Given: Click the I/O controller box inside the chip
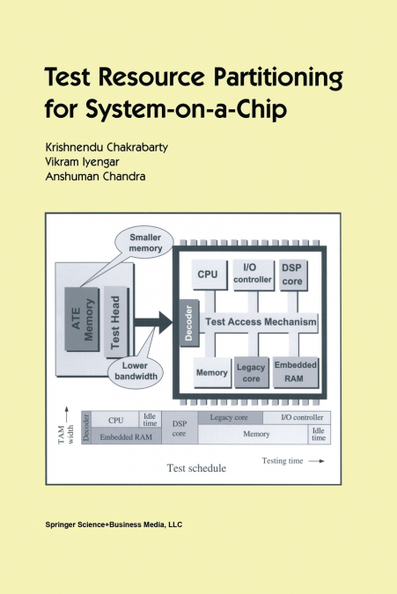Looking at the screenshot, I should point(254,274).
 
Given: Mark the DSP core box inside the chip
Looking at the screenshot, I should point(292,274).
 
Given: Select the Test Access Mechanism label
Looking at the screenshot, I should point(261,321).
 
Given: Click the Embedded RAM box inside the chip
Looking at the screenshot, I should point(296,371).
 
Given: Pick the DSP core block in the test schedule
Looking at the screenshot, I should point(179,429).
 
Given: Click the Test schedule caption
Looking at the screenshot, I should point(197,469).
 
